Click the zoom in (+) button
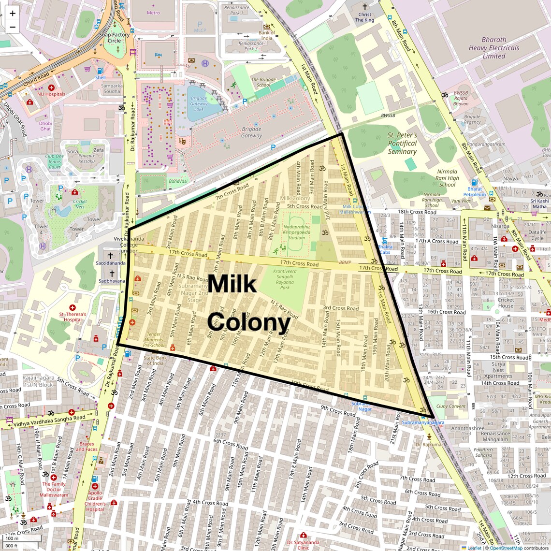[x=13, y=14]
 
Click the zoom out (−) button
[x=13, y=27]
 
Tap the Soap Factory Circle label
[x=115, y=38]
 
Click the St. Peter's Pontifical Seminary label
[x=402, y=143]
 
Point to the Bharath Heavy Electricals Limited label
[x=493, y=48]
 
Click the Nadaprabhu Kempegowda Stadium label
[x=296, y=232]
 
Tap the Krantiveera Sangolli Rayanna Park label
[x=285, y=279]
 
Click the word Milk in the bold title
[x=232, y=283]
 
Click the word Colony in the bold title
[x=249, y=321]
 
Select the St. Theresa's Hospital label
[x=72, y=317]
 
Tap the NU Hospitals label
[x=51, y=94]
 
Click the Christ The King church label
[x=365, y=17]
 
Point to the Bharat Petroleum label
[x=474, y=192]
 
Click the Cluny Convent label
[x=450, y=406]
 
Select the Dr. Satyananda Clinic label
[x=303, y=545]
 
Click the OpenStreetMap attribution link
[x=506, y=548]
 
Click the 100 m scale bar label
[x=12, y=538]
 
